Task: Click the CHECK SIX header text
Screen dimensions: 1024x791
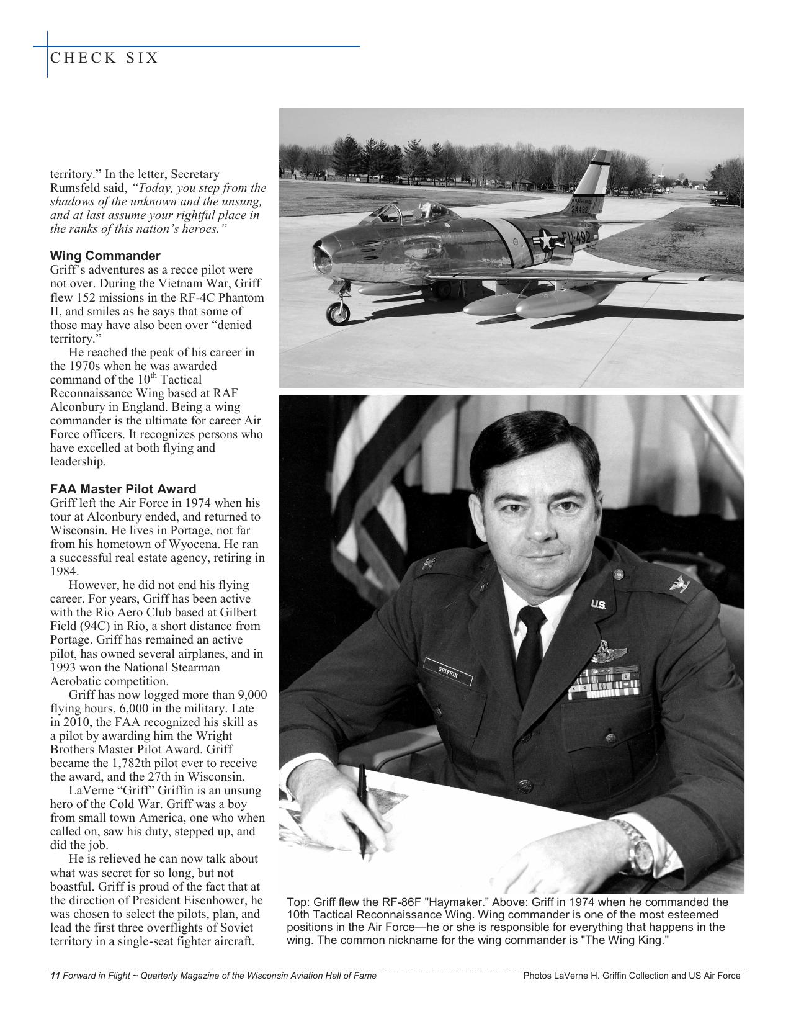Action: tap(104, 58)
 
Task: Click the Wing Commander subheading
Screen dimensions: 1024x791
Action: tap(105, 256)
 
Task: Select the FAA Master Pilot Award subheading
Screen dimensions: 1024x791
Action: tap(123, 488)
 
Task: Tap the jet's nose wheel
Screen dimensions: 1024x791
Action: tap(338, 312)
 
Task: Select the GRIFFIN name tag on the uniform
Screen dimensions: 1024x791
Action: tap(448, 671)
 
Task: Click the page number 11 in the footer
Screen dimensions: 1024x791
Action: tap(54, 976)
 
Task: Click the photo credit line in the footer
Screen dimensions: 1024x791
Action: tap(632, 976)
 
